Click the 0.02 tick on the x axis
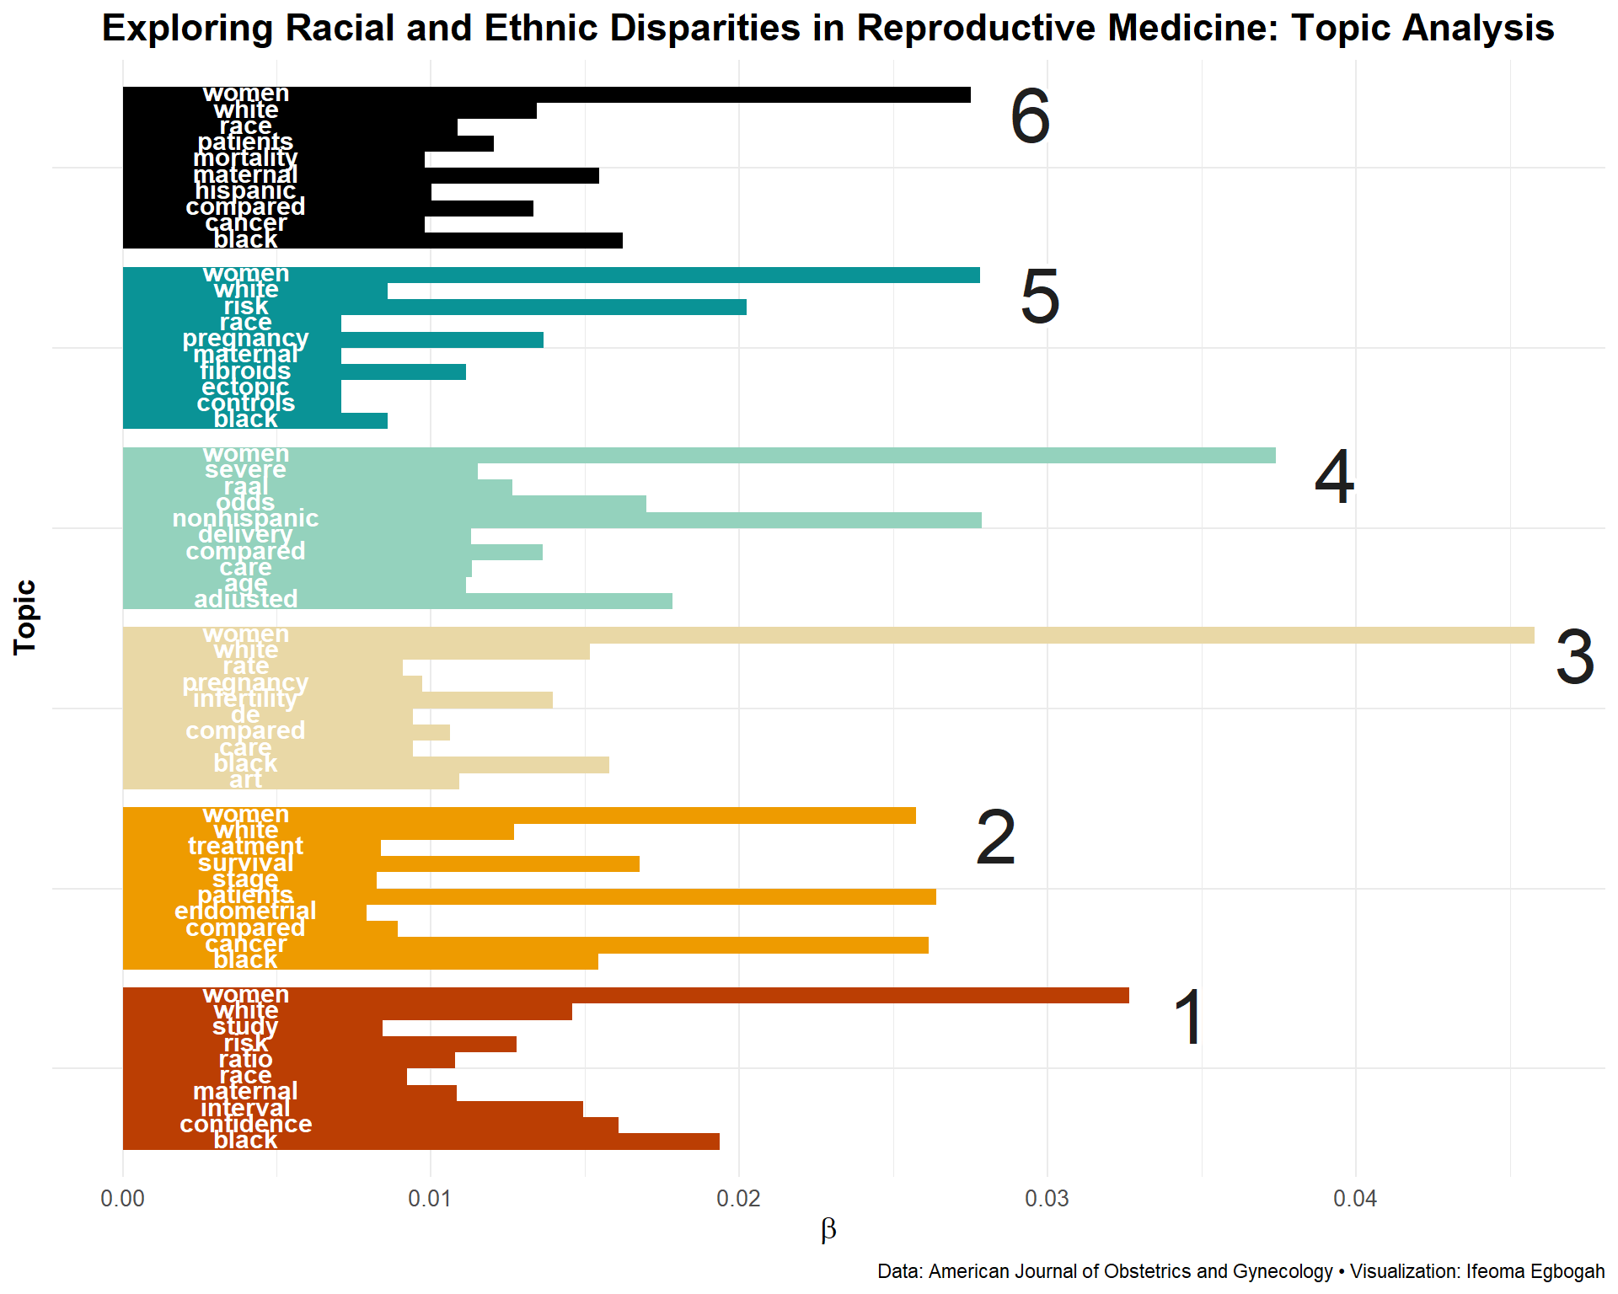739,1199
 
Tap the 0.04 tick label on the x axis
1355,1199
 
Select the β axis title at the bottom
828,1230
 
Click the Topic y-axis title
25,618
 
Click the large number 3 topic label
1574,657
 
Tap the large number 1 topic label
1189,1018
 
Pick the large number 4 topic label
1334,477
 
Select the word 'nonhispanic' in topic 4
245,519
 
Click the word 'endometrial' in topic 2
245,912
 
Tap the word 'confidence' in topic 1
245,1125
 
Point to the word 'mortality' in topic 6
245,158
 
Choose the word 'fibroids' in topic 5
245,372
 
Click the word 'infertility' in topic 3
245,699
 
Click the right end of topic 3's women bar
1532,635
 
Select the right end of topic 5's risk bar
745,307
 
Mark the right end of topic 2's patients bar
935,896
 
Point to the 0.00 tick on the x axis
123,1199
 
